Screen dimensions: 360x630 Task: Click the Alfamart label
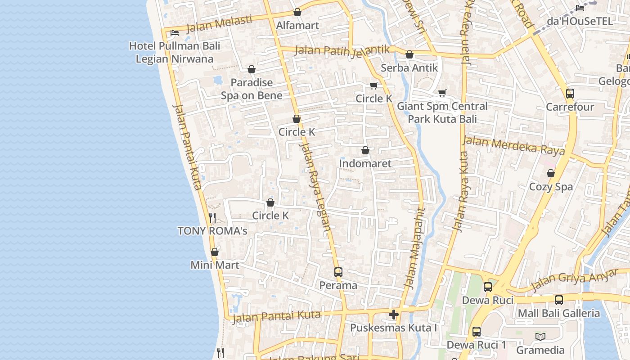click(x=297, y=26)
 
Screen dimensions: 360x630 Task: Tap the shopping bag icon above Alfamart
click(x=297, y=13)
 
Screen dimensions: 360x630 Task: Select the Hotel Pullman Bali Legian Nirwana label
click(x=175, y=52)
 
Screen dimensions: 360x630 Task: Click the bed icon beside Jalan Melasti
click(x=175, y=32)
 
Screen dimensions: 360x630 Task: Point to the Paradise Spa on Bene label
click(x=252, y=89)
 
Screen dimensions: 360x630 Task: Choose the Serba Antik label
click(x=409, y=68)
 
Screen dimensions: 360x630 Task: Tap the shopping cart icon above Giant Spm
click(x=442, y=93)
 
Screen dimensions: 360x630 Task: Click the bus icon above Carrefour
click(x=570, y=94)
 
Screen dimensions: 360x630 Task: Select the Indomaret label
click(x=365, y=163)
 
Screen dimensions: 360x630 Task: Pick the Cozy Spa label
click(x=551, y=187)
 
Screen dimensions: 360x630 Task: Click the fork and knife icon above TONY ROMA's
click(x=212, y=218)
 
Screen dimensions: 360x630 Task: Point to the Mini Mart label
click(x=215, y=265)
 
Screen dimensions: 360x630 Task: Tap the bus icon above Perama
click(x=338, y=272)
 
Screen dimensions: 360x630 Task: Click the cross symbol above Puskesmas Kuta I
click(x=394, y=314)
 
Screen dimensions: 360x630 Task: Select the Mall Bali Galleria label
click(x=559, y=313)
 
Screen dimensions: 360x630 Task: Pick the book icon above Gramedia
click(x=540, y=337)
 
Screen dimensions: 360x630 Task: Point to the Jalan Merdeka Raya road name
click(x=513, y=146)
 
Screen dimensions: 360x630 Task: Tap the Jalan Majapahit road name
click(x=415, y=248)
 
